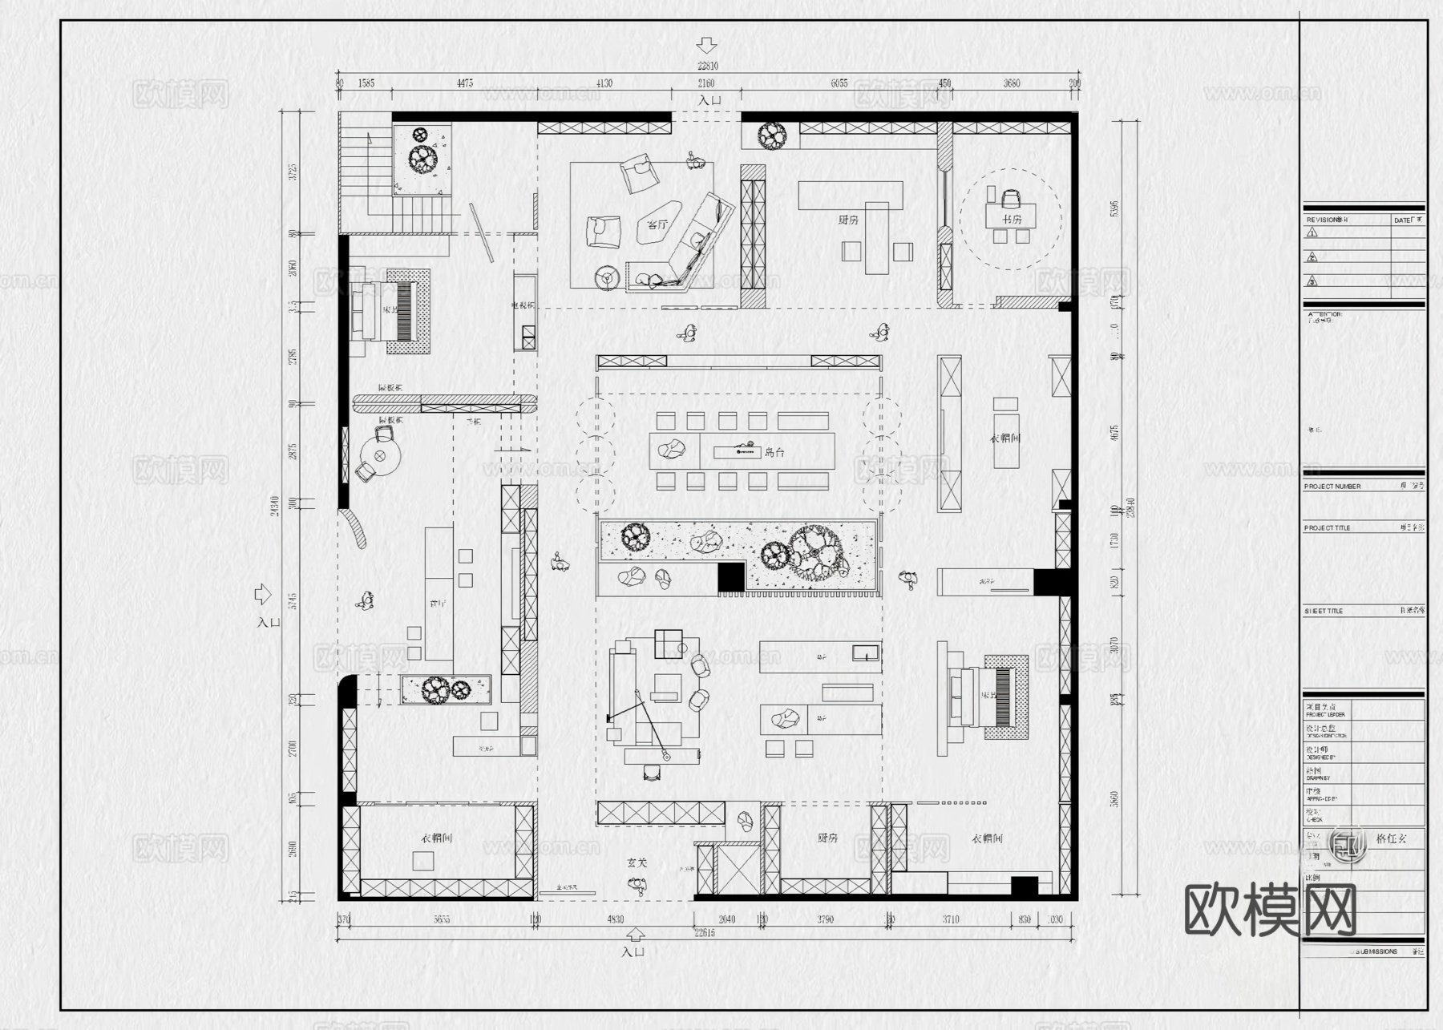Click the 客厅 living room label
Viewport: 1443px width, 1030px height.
tap(657, 224)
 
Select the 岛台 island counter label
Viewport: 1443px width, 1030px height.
tap(774, 452)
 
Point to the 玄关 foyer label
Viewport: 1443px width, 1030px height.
tap(637, 863)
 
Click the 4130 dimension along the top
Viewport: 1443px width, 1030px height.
tap(605, 83)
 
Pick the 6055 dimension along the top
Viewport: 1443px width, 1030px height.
tap(839, 83)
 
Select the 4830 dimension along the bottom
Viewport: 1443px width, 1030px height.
tap(615, 919)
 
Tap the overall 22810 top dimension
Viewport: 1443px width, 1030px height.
tap(707, 67)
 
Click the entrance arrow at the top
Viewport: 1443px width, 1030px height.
tap(707, 45)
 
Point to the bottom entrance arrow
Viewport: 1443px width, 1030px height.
tap(635, 935)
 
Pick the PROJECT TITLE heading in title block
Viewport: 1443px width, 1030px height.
tap(1327, 528)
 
